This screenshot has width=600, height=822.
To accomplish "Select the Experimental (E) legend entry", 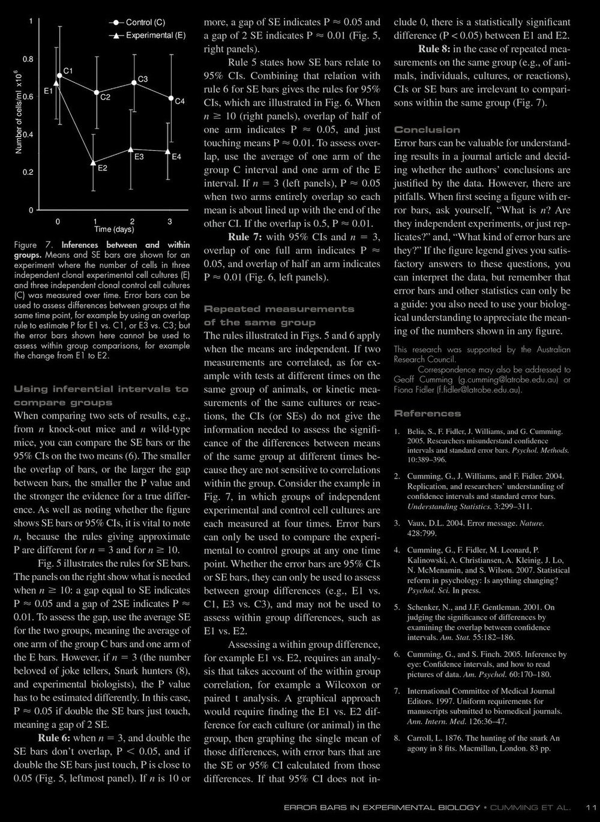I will (x=155, y=35).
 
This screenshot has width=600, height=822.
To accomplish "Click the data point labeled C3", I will (x=134, y=83).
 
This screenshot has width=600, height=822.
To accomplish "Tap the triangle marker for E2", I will (x=94, y=162).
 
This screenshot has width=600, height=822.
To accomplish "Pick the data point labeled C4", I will (x=171, y=98).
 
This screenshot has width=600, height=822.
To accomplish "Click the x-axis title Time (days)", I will (x=114, y=229).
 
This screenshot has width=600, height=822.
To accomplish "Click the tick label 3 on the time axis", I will (x=170, y=222).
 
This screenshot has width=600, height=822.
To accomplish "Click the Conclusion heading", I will (x=427, y=130).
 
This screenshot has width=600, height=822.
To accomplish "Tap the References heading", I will (x=427, y=413).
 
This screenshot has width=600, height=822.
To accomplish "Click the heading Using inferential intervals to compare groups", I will (x=101, y=396).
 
